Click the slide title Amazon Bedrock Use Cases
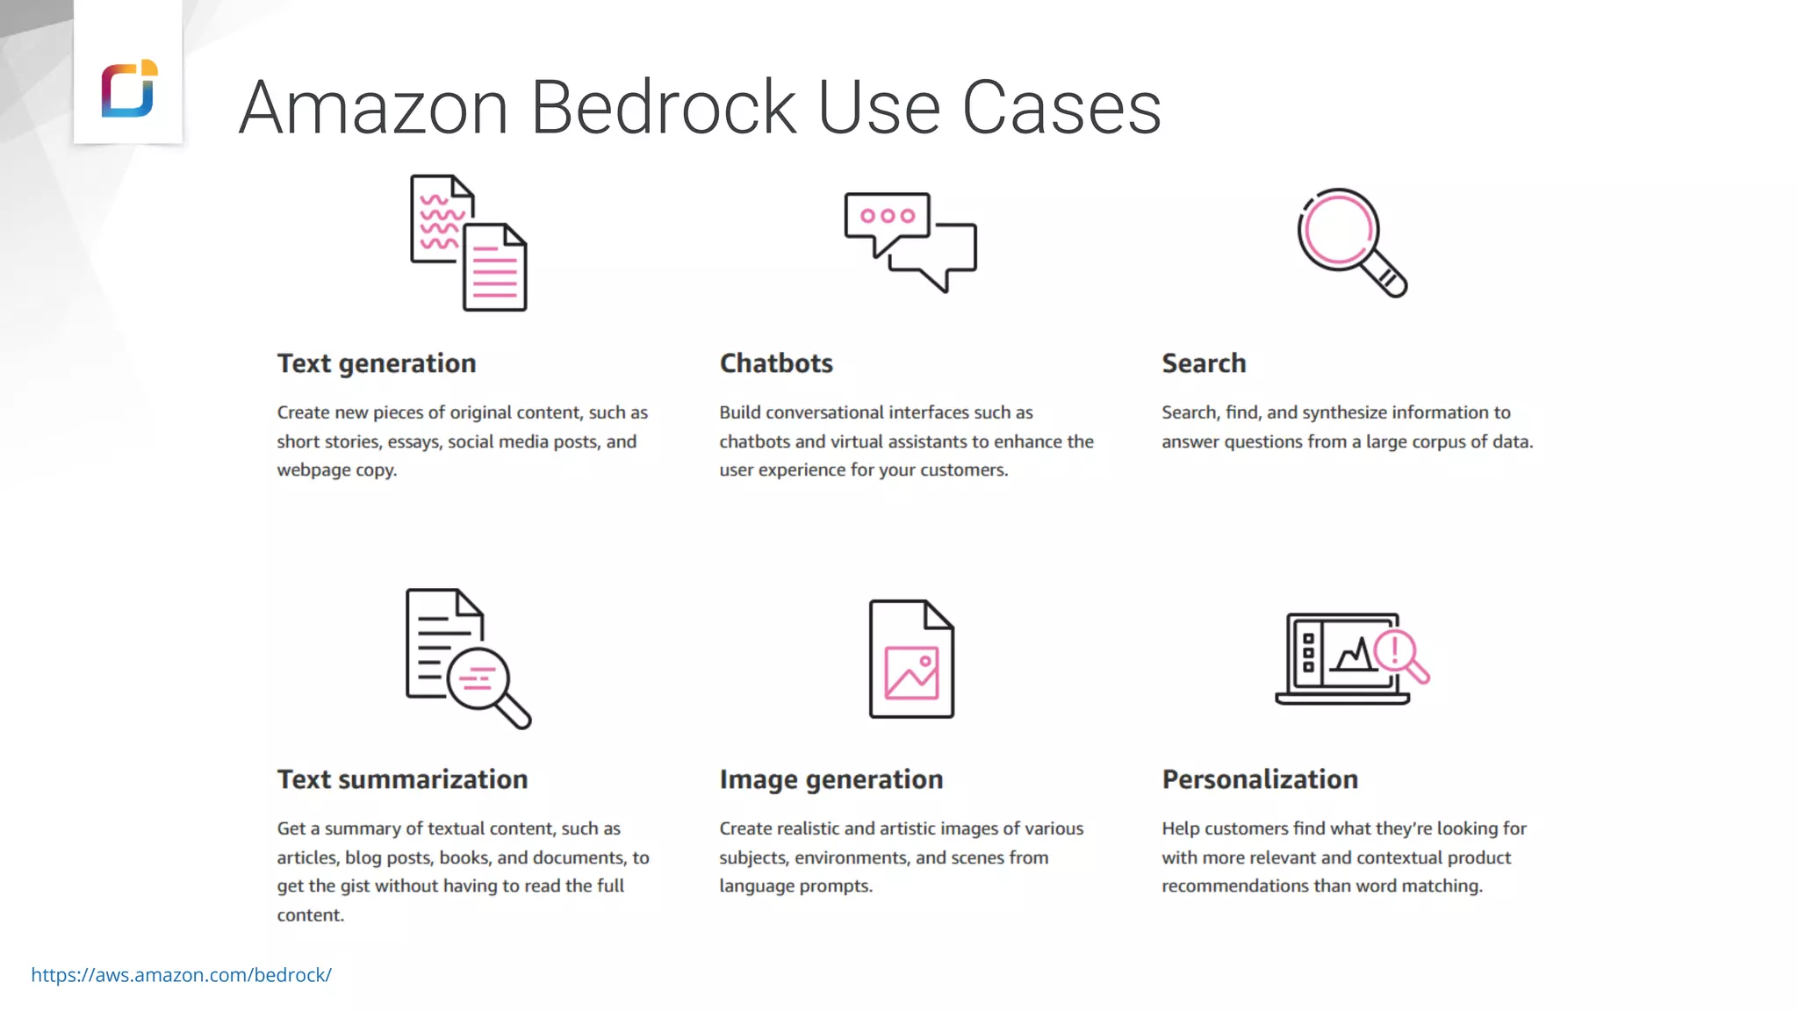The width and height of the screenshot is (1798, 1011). (700, 108)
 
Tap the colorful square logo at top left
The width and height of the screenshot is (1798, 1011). (129, 89)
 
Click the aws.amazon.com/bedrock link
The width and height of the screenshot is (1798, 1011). (181, 975)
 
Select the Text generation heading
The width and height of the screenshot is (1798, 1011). (377, 363)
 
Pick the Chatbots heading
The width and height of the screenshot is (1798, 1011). (776, 363)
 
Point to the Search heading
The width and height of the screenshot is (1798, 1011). (1204, 363)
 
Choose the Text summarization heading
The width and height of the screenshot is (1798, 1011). (402, 779)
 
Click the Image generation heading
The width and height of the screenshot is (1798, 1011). (831, 779)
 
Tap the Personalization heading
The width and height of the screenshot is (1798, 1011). (1260, 779)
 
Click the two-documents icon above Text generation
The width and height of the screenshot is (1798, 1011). (469, 243)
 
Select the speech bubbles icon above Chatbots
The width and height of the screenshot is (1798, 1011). (910, 242)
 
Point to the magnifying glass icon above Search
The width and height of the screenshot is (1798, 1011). (1351, 242)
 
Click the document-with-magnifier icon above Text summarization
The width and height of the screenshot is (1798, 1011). (468, 658)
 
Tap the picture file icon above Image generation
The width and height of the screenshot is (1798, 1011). (911, 659)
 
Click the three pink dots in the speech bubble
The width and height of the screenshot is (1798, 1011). (888, 216)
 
